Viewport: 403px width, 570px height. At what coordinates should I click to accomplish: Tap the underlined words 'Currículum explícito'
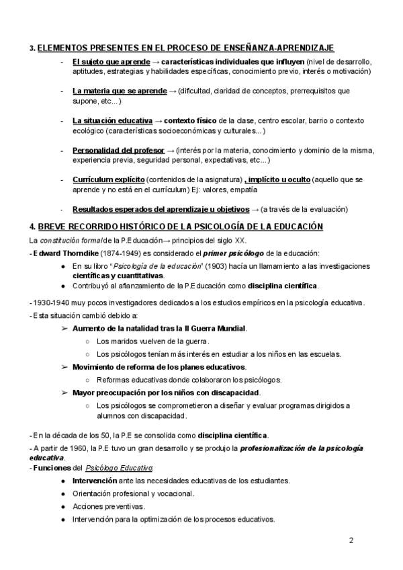pos(108,180)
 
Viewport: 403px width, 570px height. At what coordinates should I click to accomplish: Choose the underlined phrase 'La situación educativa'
pos(112,120)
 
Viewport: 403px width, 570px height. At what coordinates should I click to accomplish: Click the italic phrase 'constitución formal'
pos(69,240)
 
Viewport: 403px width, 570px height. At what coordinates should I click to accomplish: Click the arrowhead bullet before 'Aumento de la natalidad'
pos(65,328)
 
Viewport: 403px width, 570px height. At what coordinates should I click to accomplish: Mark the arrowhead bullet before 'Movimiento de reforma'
pos(65,366)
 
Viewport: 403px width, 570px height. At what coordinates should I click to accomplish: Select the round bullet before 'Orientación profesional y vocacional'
pos(62,493)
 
